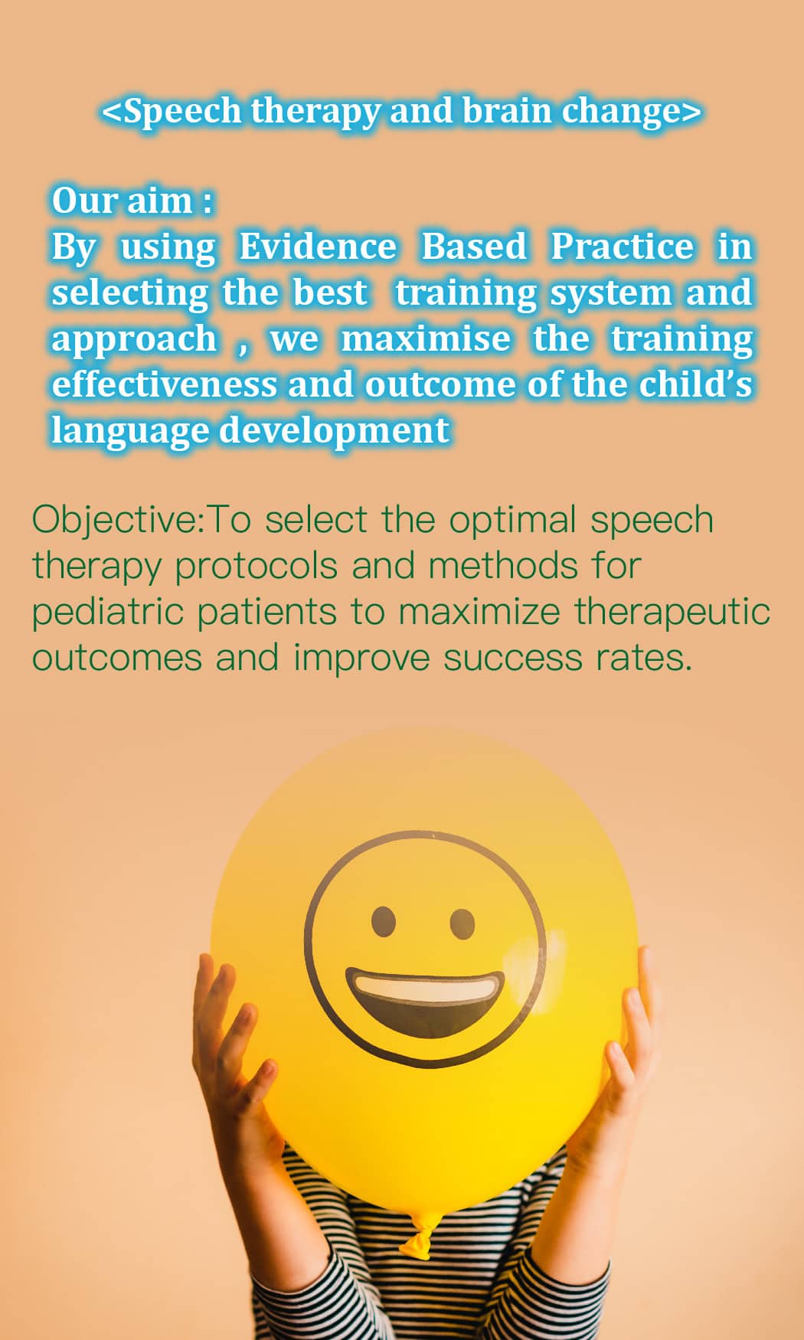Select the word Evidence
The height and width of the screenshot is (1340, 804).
coord(318,247)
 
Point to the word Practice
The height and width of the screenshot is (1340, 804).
coord(623,247)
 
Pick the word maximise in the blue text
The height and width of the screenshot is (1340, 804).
coord(426,338)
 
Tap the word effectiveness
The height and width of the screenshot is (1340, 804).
coord(165,384)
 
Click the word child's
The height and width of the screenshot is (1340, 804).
coord(696,384)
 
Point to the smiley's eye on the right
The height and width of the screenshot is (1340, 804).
coord(462,924)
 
